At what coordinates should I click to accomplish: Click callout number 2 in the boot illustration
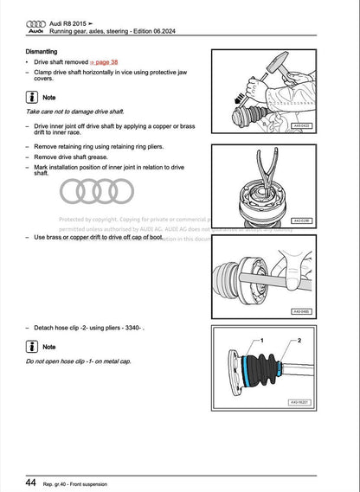(x=299, y=342)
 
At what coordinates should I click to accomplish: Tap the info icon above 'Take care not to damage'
(x=32, y=97)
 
